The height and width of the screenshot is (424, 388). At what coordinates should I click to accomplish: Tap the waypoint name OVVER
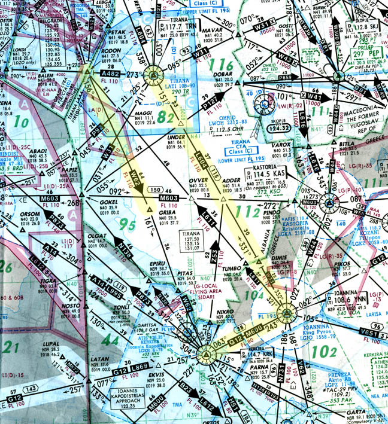click(x=198, y=179)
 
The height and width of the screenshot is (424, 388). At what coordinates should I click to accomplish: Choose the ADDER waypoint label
click(x=231, y=179)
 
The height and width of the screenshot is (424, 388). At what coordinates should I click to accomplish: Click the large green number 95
click(x=129, y=225)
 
